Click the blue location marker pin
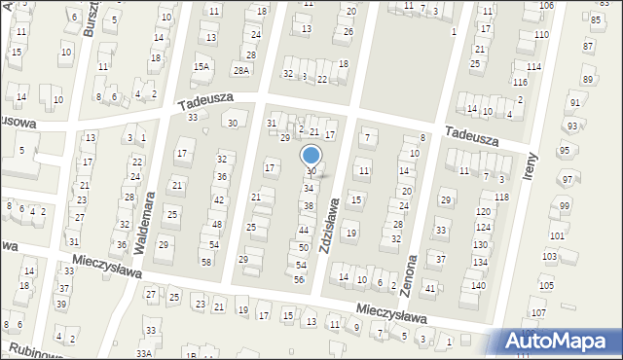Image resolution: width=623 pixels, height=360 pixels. click(x=311, y=156)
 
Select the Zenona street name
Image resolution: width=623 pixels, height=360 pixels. click(x=412, y=274)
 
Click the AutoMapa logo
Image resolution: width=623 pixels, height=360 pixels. click(x=559, y=341)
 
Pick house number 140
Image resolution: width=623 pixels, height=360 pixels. click(x=478, y=286)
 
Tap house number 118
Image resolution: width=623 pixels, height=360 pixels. click(x=500, y=198)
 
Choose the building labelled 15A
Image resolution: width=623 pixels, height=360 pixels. click(x=202, y=67)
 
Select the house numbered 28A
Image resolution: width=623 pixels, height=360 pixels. click(x=241, y=70)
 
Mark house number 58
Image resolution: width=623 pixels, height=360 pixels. click(x=205, y=263)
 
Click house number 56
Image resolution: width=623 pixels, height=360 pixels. click(x=299, y=279)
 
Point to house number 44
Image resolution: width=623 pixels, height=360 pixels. click(x=304, y=231)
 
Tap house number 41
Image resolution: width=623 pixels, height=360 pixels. click(x=429, y=289)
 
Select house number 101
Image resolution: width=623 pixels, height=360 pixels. click(x=557, y=236)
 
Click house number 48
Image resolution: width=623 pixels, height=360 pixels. click(x=216, y=225)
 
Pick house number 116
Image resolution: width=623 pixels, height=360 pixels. click(x=521, y=84)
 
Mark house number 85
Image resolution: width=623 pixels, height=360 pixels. click(x=595, y=18)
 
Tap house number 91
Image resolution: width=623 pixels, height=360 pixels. click(x=575, y=103)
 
